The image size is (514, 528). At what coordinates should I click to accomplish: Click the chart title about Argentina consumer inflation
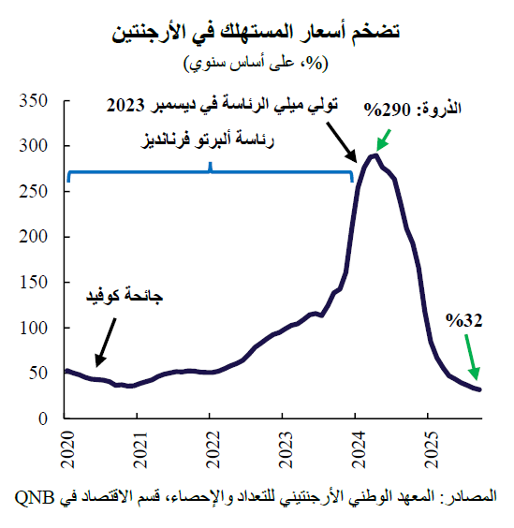(x=257, y=35)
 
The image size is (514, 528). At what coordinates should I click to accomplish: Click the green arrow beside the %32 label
(x=470, y=359)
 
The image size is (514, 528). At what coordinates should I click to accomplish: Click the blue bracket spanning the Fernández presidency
(x=211, y=171)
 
